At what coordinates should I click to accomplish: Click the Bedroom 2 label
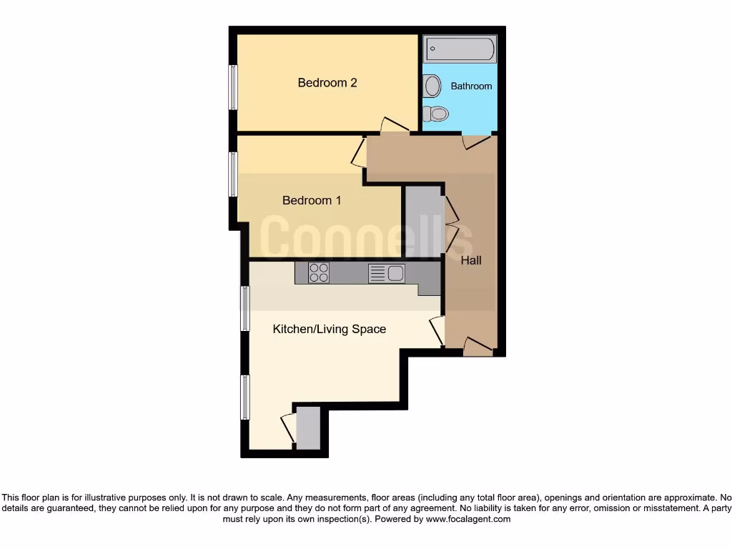[327, 83]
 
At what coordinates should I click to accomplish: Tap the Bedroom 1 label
[312, 201]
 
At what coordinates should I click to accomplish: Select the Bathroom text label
[471, 86]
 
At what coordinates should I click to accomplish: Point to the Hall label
[471, 261]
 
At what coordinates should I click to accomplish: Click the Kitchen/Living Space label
[330, 330]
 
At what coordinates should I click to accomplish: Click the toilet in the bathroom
[435, 113]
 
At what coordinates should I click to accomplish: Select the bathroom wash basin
[432, 86]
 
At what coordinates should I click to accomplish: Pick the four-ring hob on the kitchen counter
[319, 272]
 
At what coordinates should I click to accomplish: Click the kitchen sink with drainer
[387, 273]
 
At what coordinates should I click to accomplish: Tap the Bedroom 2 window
[233, 87]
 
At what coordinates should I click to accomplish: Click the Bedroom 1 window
[233, 174]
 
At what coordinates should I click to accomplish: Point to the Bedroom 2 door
[393, 125]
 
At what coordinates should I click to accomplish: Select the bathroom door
[475, 142]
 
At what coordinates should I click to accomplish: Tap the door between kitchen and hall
[437, 331]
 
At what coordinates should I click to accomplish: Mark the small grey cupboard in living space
[308, 427]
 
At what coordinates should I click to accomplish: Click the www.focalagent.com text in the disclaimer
[468, 520]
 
